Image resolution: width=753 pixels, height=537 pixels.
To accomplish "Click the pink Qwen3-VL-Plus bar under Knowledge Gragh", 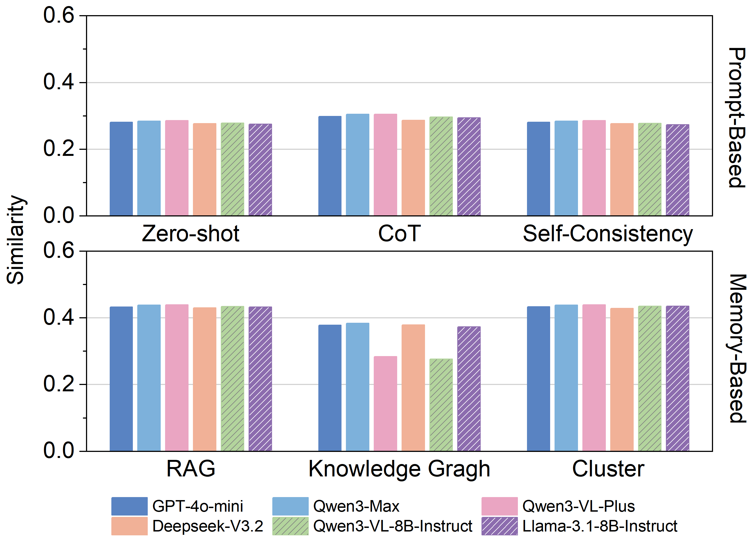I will pyautogui.click(x=385, y=403).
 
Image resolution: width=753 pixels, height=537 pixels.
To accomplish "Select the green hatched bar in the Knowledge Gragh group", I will pyautogui.click(x=441, y=405).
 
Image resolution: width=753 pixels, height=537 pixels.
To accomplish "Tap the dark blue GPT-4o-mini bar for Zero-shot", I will pyautogui.click(x=121, y=169).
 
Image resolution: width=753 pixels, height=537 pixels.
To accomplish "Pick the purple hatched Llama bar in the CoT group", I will pyautogui.click(x=469, y=166).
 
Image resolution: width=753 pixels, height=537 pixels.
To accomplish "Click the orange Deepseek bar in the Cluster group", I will pyautogui.click(x=622, y=379).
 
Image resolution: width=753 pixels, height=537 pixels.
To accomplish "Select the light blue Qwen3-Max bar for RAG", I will pyautogui.click(x=149, y=378).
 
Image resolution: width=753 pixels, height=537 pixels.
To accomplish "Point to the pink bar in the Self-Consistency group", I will pyautogui.click(x=594, y=168).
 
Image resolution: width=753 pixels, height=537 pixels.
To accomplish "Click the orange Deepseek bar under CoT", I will pyautogui.click(x=413, y=168).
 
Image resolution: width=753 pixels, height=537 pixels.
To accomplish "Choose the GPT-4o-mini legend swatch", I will pyautogui.click(x=129, y=506).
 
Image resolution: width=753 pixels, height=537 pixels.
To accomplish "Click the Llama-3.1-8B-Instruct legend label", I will pyautogui.click(x=599, y=526).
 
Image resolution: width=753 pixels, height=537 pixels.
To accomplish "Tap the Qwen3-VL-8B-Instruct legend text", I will pyautogui.click(x=392, y=526).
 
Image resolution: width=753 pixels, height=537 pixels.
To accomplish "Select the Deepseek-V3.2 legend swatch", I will pyautogui.click(x=129, y=526).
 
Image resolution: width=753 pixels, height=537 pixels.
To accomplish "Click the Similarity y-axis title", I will pyautogui.click(x=15, y=240).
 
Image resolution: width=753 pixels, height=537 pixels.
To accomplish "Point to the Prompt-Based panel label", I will pyautogui.click(x=737, y=117).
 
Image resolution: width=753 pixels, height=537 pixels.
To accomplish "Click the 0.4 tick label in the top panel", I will pyautogui.click(x=58, y=82).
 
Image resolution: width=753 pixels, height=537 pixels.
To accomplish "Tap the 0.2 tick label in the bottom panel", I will pyautogui.click(x=58, y=384).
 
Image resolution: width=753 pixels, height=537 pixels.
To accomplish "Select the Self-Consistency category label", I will pyautogui.click(x=608, y=234).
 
